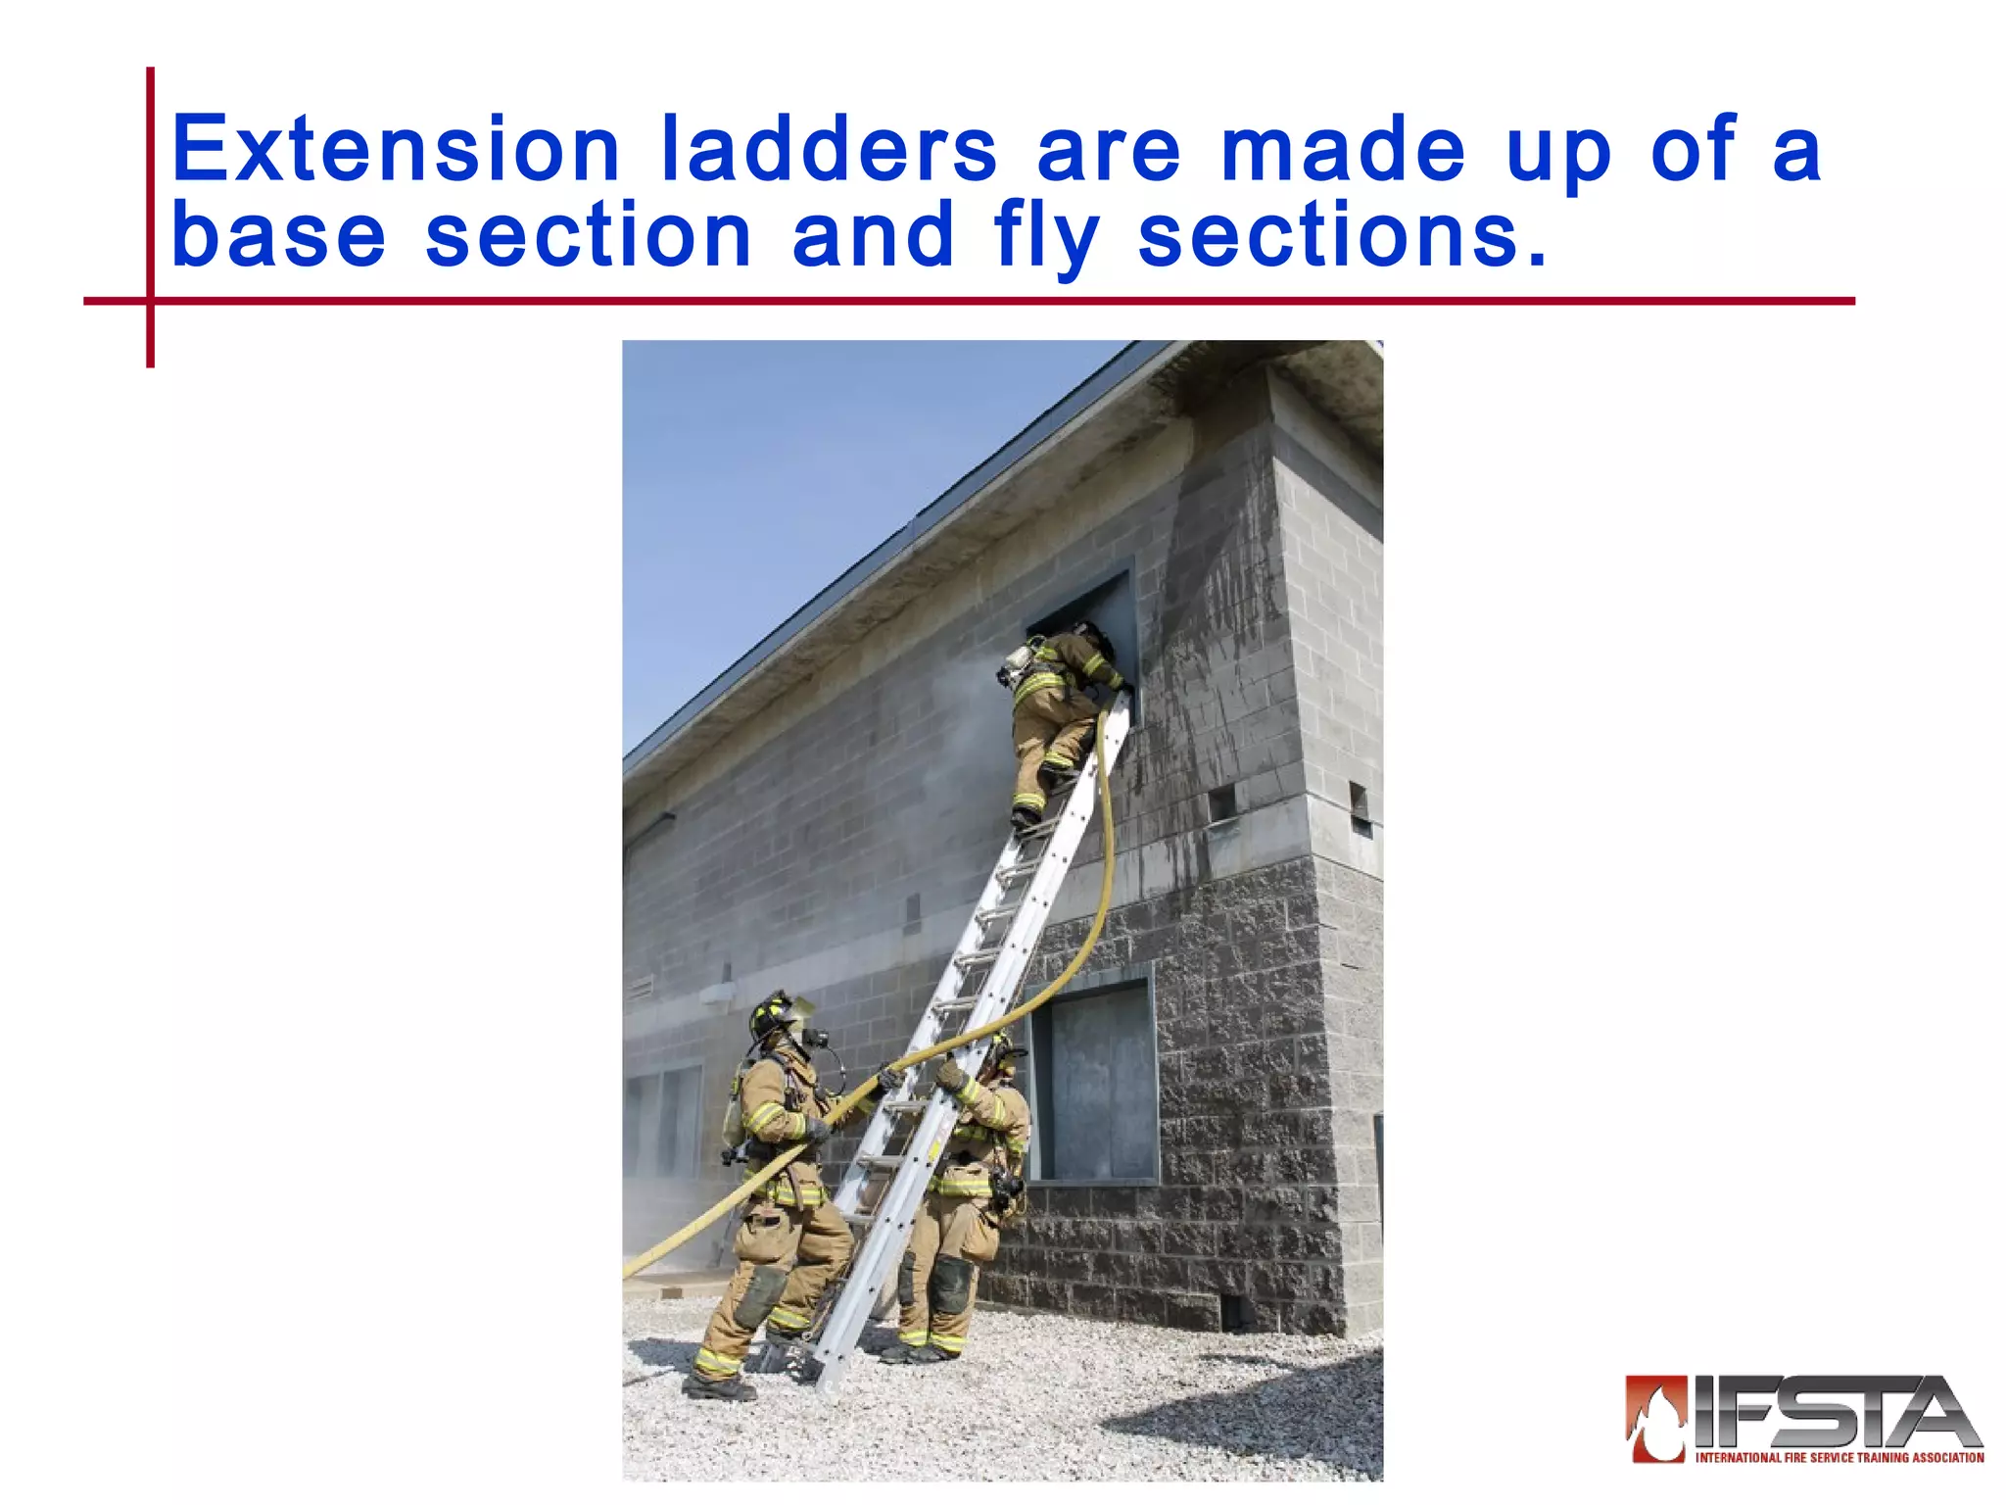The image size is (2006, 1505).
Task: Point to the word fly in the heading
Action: tap(1046, 238)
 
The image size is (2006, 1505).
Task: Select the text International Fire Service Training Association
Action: tap(1839, 1458)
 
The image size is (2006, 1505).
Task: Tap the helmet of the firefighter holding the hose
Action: tap(774, 1015)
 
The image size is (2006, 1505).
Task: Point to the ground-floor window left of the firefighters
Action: tap(666, 1122)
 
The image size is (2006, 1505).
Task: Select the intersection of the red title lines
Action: tap(151, 301)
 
